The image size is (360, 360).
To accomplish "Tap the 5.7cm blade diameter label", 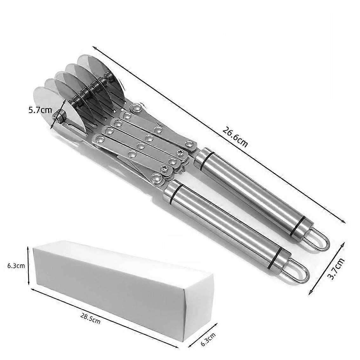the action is coord(40,110).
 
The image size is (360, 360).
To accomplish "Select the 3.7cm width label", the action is coord(336,269).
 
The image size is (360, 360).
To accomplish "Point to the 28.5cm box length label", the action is coord(90,318).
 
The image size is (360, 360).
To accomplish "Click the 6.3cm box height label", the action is coord(16,266).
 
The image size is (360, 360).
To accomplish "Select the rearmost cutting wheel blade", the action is coord(101,76).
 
